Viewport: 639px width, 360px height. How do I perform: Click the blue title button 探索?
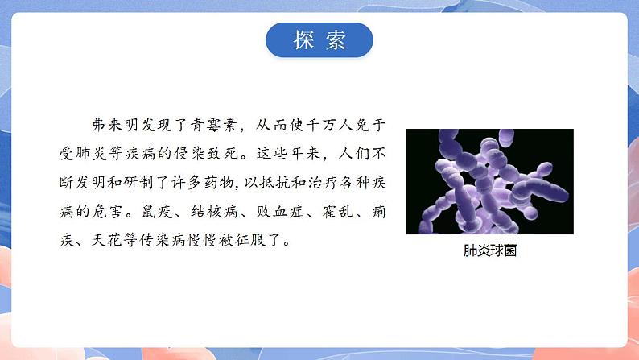click(x=319, y=40)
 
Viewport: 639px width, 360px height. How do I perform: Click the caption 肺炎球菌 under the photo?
click(x=489, y=250)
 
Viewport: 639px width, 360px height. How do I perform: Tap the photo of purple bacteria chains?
click(x=489, y=181)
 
